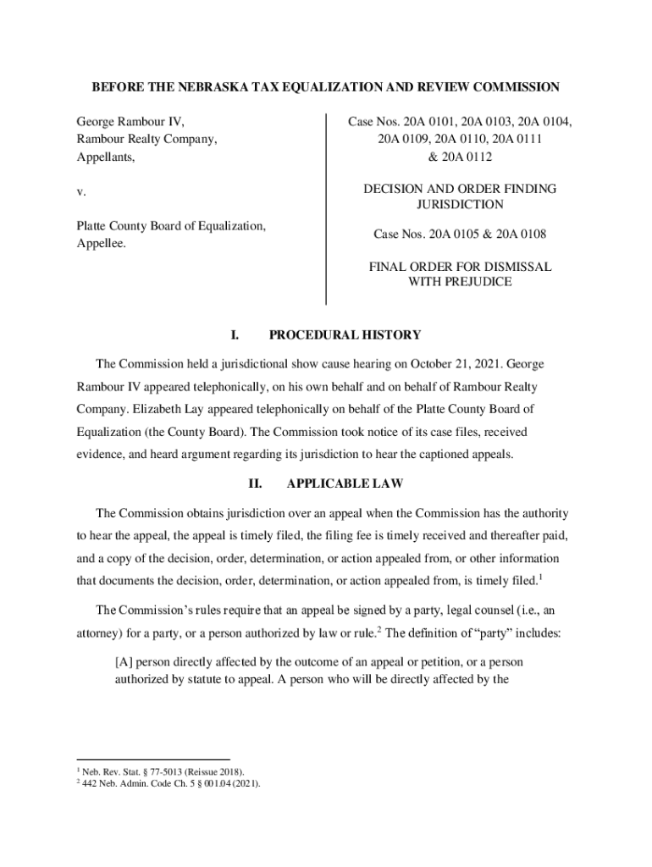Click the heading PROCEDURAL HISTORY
pos(345,335)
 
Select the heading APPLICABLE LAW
pos(345,484)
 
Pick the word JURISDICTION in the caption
pos(460,205)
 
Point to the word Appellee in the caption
pos(100,244)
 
